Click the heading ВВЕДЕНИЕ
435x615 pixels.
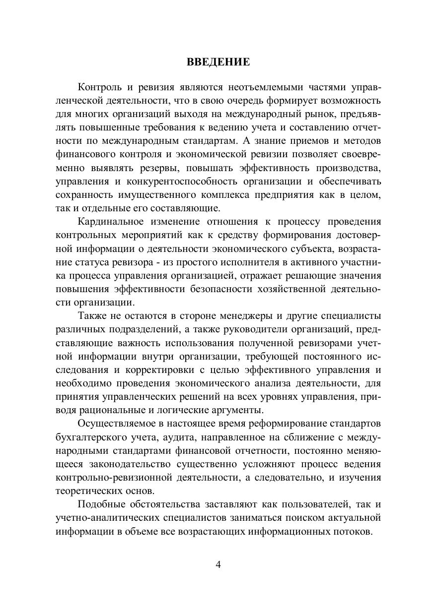(x=217, y=62)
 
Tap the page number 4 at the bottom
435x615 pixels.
(x=217, y=565)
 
